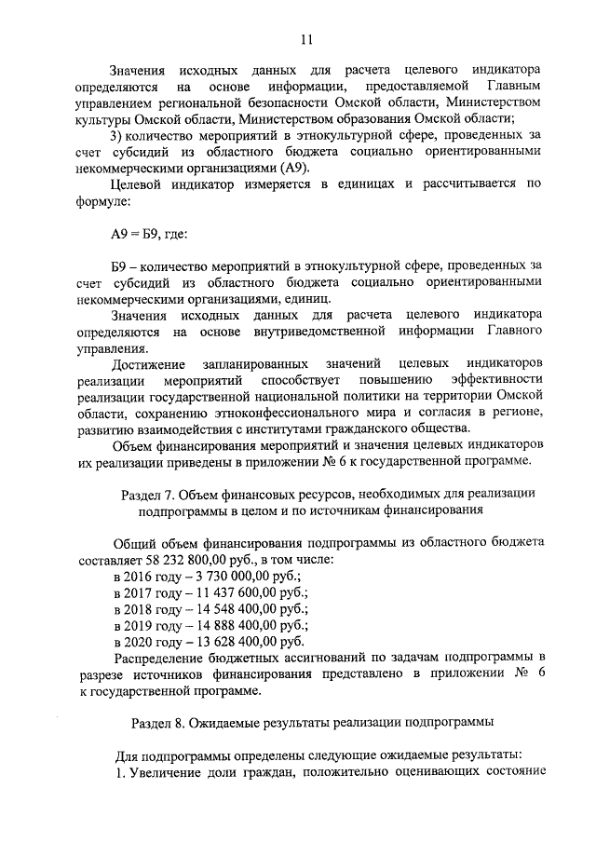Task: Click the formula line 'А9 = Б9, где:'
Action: click(150, 233)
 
